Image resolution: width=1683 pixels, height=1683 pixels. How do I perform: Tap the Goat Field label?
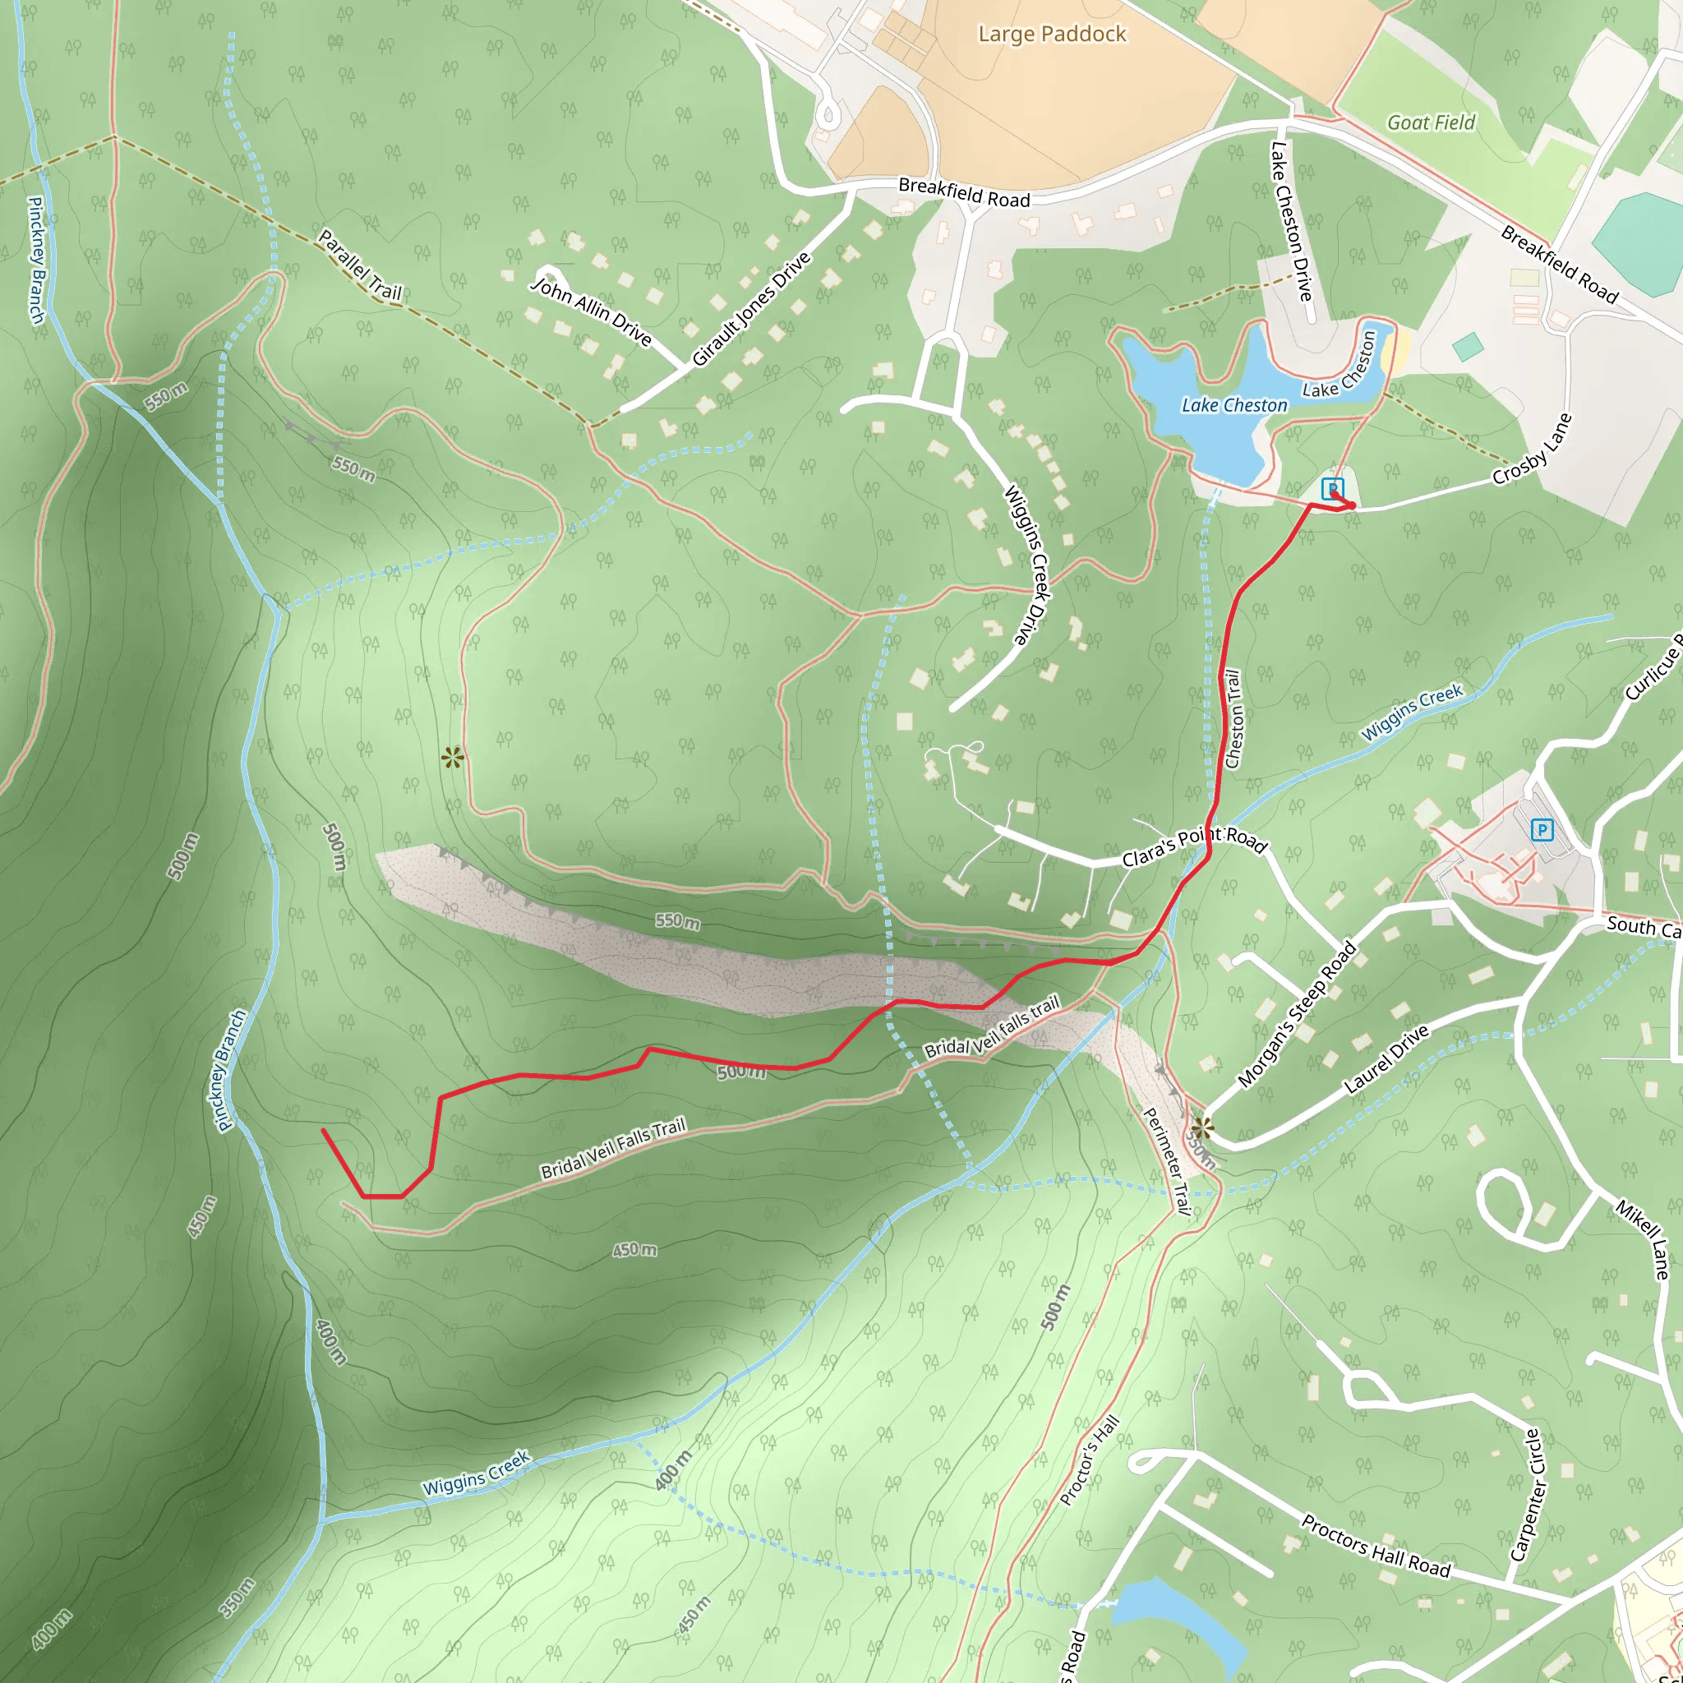coord(1432,122)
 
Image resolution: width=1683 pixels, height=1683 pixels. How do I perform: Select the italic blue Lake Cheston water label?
coord(1233,405)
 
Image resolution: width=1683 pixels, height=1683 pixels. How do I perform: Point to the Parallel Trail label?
coord(360,265)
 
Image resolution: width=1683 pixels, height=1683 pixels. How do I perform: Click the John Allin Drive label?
coord(592,311)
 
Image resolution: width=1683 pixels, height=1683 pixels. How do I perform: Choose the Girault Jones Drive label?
coord(751,308)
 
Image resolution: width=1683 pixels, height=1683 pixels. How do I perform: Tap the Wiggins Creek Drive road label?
coord(1028,565)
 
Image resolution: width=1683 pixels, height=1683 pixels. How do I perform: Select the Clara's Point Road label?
coord(1193,845)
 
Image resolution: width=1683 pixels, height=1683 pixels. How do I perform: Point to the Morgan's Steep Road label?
coord(1296,1014)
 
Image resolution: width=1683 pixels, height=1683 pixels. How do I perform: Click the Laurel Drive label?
coord(1386,1058)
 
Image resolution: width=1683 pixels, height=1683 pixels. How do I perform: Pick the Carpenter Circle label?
coord(1525,1495)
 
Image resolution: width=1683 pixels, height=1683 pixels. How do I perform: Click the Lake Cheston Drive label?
coord(1291,221)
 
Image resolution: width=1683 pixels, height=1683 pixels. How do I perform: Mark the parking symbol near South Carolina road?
coord(1542,829)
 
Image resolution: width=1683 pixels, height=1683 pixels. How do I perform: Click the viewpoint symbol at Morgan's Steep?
coord(1202,1130)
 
